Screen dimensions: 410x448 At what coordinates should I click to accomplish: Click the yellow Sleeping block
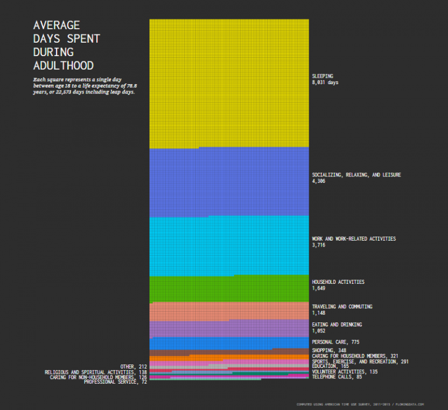click(229, 82)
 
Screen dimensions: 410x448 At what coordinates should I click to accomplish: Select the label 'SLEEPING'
click(323, 76)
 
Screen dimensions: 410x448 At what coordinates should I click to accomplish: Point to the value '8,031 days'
click(325, 83)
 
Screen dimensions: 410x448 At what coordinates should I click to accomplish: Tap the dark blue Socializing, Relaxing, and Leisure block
click(229, 182)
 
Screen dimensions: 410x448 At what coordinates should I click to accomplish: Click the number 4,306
click(318, 182)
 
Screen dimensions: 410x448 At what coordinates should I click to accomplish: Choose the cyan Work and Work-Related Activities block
click(229, 245)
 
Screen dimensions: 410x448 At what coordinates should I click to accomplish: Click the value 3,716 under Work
click(318, 245)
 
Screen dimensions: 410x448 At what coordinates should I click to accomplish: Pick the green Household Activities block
click(229, 288)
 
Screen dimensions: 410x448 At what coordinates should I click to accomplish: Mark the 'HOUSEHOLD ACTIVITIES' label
click(338, 282)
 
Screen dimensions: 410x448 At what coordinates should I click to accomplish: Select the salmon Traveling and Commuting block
click(229, 311)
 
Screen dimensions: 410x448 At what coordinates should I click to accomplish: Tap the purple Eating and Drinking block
click(229, 328)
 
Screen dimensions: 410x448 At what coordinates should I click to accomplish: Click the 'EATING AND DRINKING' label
click(337, 325)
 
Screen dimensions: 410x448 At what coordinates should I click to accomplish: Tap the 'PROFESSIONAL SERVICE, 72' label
click(116, 382)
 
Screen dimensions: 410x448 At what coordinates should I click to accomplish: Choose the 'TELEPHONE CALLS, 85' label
click(337, 377)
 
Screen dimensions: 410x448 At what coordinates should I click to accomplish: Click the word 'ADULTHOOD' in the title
click(64, 65)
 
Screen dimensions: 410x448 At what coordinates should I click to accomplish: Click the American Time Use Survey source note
click(360, 404)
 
